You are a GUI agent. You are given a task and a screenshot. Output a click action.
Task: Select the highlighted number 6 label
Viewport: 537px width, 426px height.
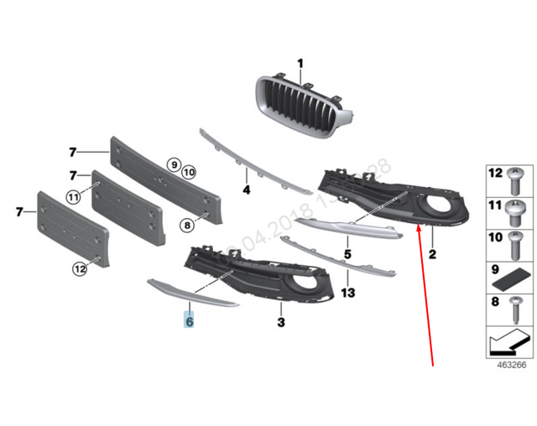pyautogui.click(x=190, y=321)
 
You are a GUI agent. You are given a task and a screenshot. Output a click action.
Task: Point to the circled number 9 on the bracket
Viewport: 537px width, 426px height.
pyautogui.click(x=173, y=165)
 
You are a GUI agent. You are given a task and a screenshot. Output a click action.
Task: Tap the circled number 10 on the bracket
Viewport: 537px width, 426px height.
pyautogui.click(x=188, y=172)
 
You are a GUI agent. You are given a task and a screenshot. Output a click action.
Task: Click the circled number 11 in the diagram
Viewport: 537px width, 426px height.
pyautogui.click(x=73, y=198)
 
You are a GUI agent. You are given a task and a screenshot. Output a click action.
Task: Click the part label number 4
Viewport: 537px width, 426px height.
pyautogui.click(x=247, y=190)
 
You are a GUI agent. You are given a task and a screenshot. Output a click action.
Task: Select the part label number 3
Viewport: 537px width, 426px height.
pyautogui.click(x=281, y=321)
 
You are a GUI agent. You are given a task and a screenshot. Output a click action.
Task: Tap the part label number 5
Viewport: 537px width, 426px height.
pyautogui.click(x=347, y=252)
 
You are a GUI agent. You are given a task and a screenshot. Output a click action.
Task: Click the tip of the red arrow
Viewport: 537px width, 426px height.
pyautogui.click(x=416, y=228)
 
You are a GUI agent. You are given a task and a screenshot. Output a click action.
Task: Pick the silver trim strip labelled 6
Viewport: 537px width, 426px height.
pyautogui.click(x=192, y=293)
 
